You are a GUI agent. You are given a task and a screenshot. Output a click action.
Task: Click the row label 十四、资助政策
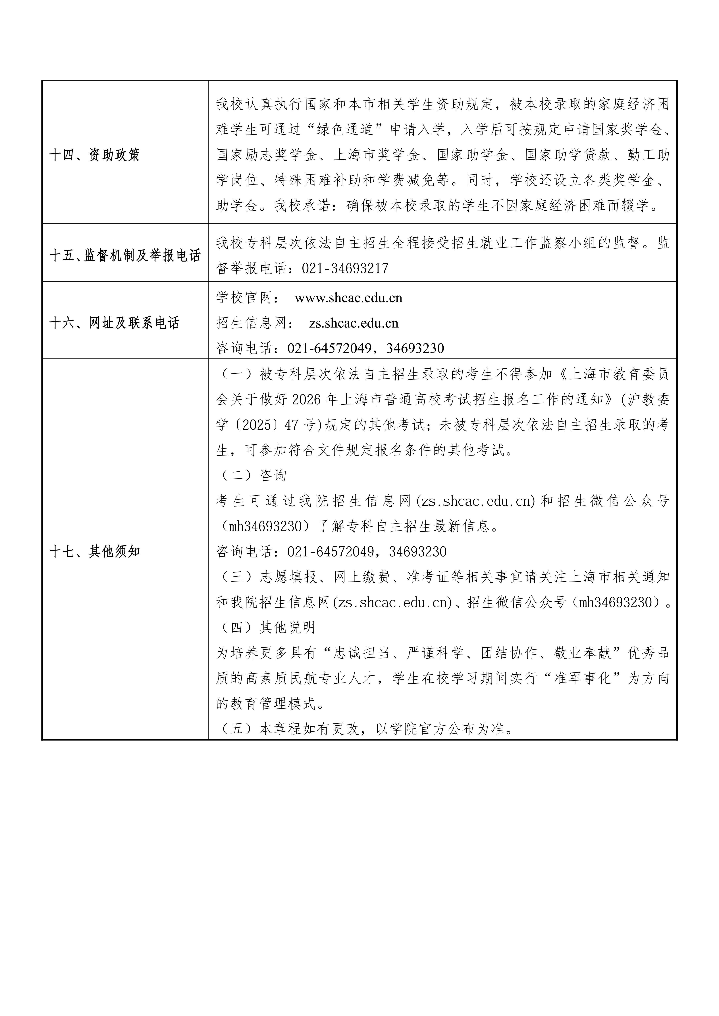tap(95, 155)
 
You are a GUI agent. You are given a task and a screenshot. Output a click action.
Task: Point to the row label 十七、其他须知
tap(95, 551)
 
